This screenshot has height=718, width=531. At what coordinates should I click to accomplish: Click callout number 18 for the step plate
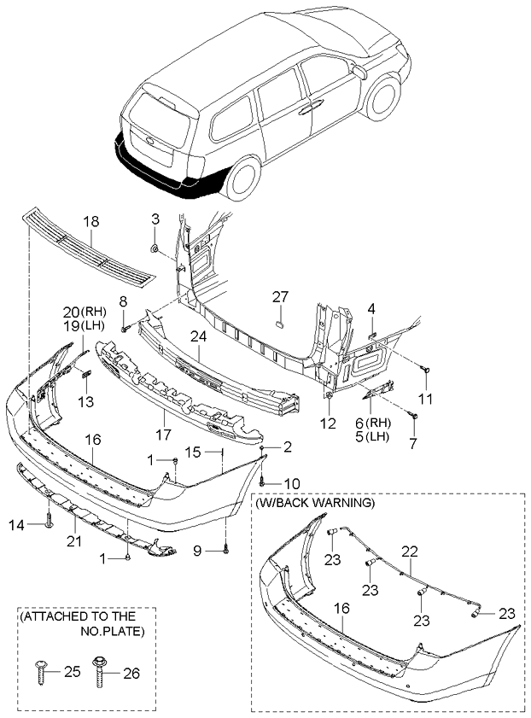pos(90,222)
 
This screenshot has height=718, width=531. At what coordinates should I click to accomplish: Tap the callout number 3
pos(155,219)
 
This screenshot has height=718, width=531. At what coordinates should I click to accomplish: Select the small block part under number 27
pos(279,324)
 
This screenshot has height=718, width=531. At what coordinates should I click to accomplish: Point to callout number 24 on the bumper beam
pos(199,336)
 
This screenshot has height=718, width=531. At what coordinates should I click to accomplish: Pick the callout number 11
pos(424,399)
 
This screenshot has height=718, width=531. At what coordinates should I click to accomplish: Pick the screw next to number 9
pos(225,552)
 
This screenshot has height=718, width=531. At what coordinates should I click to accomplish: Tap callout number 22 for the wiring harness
pos(411,551)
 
